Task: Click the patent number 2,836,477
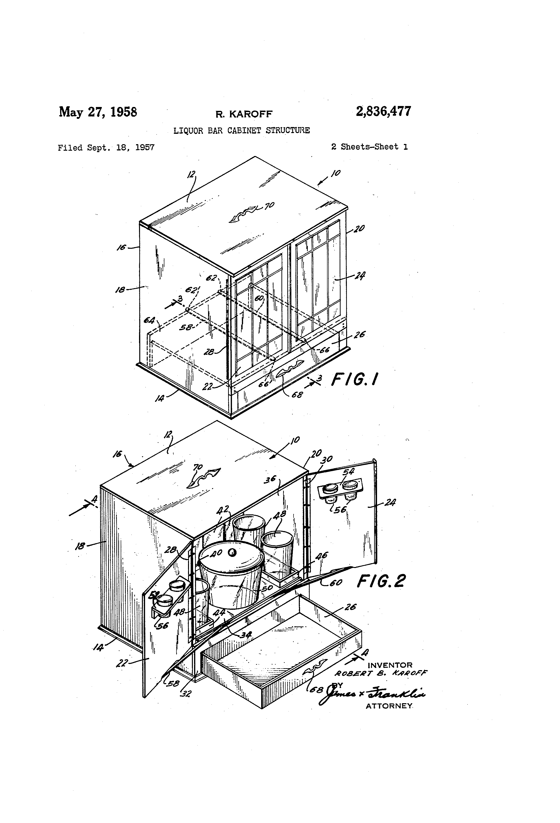[383, 112]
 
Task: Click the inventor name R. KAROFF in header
[244, 114]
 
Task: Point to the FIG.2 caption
[381, 581]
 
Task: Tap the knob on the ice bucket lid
[232, 552]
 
